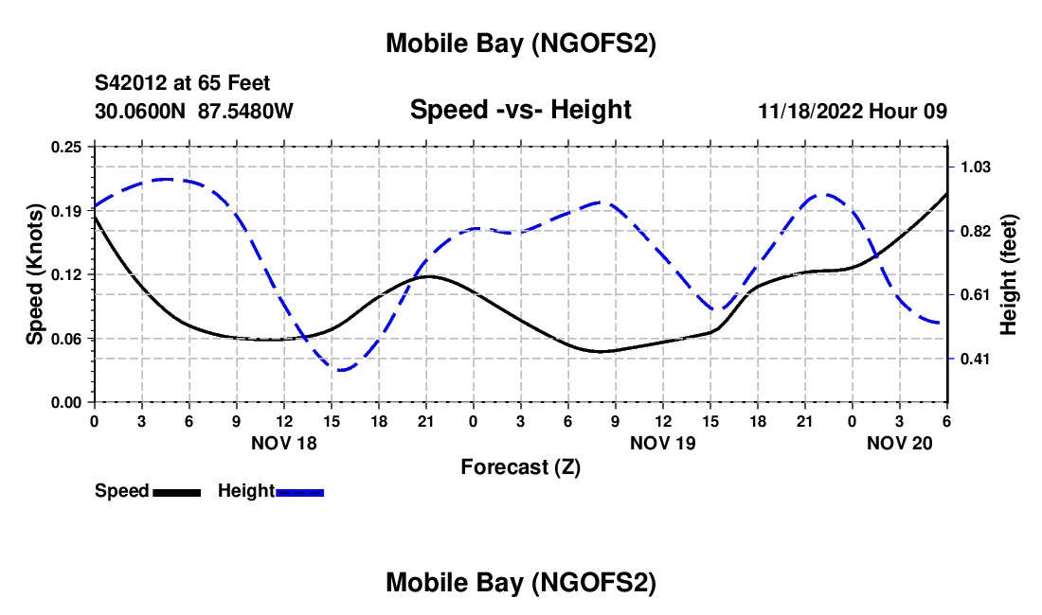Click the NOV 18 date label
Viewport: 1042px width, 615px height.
tap(284, 443)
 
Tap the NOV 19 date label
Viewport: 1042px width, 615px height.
tap(662, 443)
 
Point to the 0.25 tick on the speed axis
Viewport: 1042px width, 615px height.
tap(66, 147)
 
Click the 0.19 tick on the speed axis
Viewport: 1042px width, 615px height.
tap(66, 211)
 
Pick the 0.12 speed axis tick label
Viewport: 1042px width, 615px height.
tap(66, 274)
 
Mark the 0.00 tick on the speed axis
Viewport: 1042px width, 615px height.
tap(66, 402)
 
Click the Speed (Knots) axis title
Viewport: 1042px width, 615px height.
tap(34, 274)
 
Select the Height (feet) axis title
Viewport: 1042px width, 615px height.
tap(1008, 274)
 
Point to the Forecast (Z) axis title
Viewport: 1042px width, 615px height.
tap(520, 466)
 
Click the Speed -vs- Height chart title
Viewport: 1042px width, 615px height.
tap(520, 111)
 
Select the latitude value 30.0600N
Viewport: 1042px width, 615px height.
tap(141, 111)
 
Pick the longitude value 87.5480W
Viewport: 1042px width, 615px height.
tap(245, 111)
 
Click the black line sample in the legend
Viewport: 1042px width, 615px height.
tap(176, 492)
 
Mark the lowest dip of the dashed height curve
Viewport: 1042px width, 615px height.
tap(341, 370)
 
